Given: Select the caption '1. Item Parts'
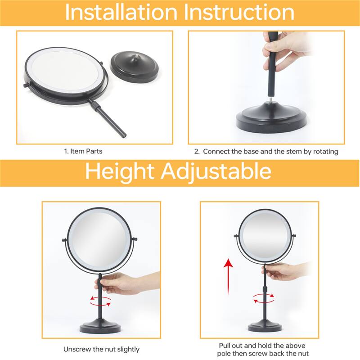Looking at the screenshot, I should pos(83,151).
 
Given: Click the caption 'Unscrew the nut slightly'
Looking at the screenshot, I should pos(101,349).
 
